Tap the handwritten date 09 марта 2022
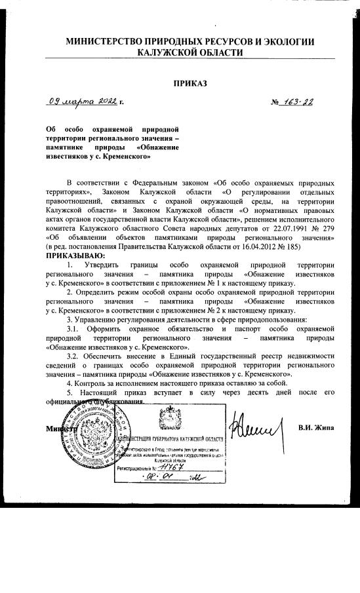pos(84,102)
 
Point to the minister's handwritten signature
pos(256,429)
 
